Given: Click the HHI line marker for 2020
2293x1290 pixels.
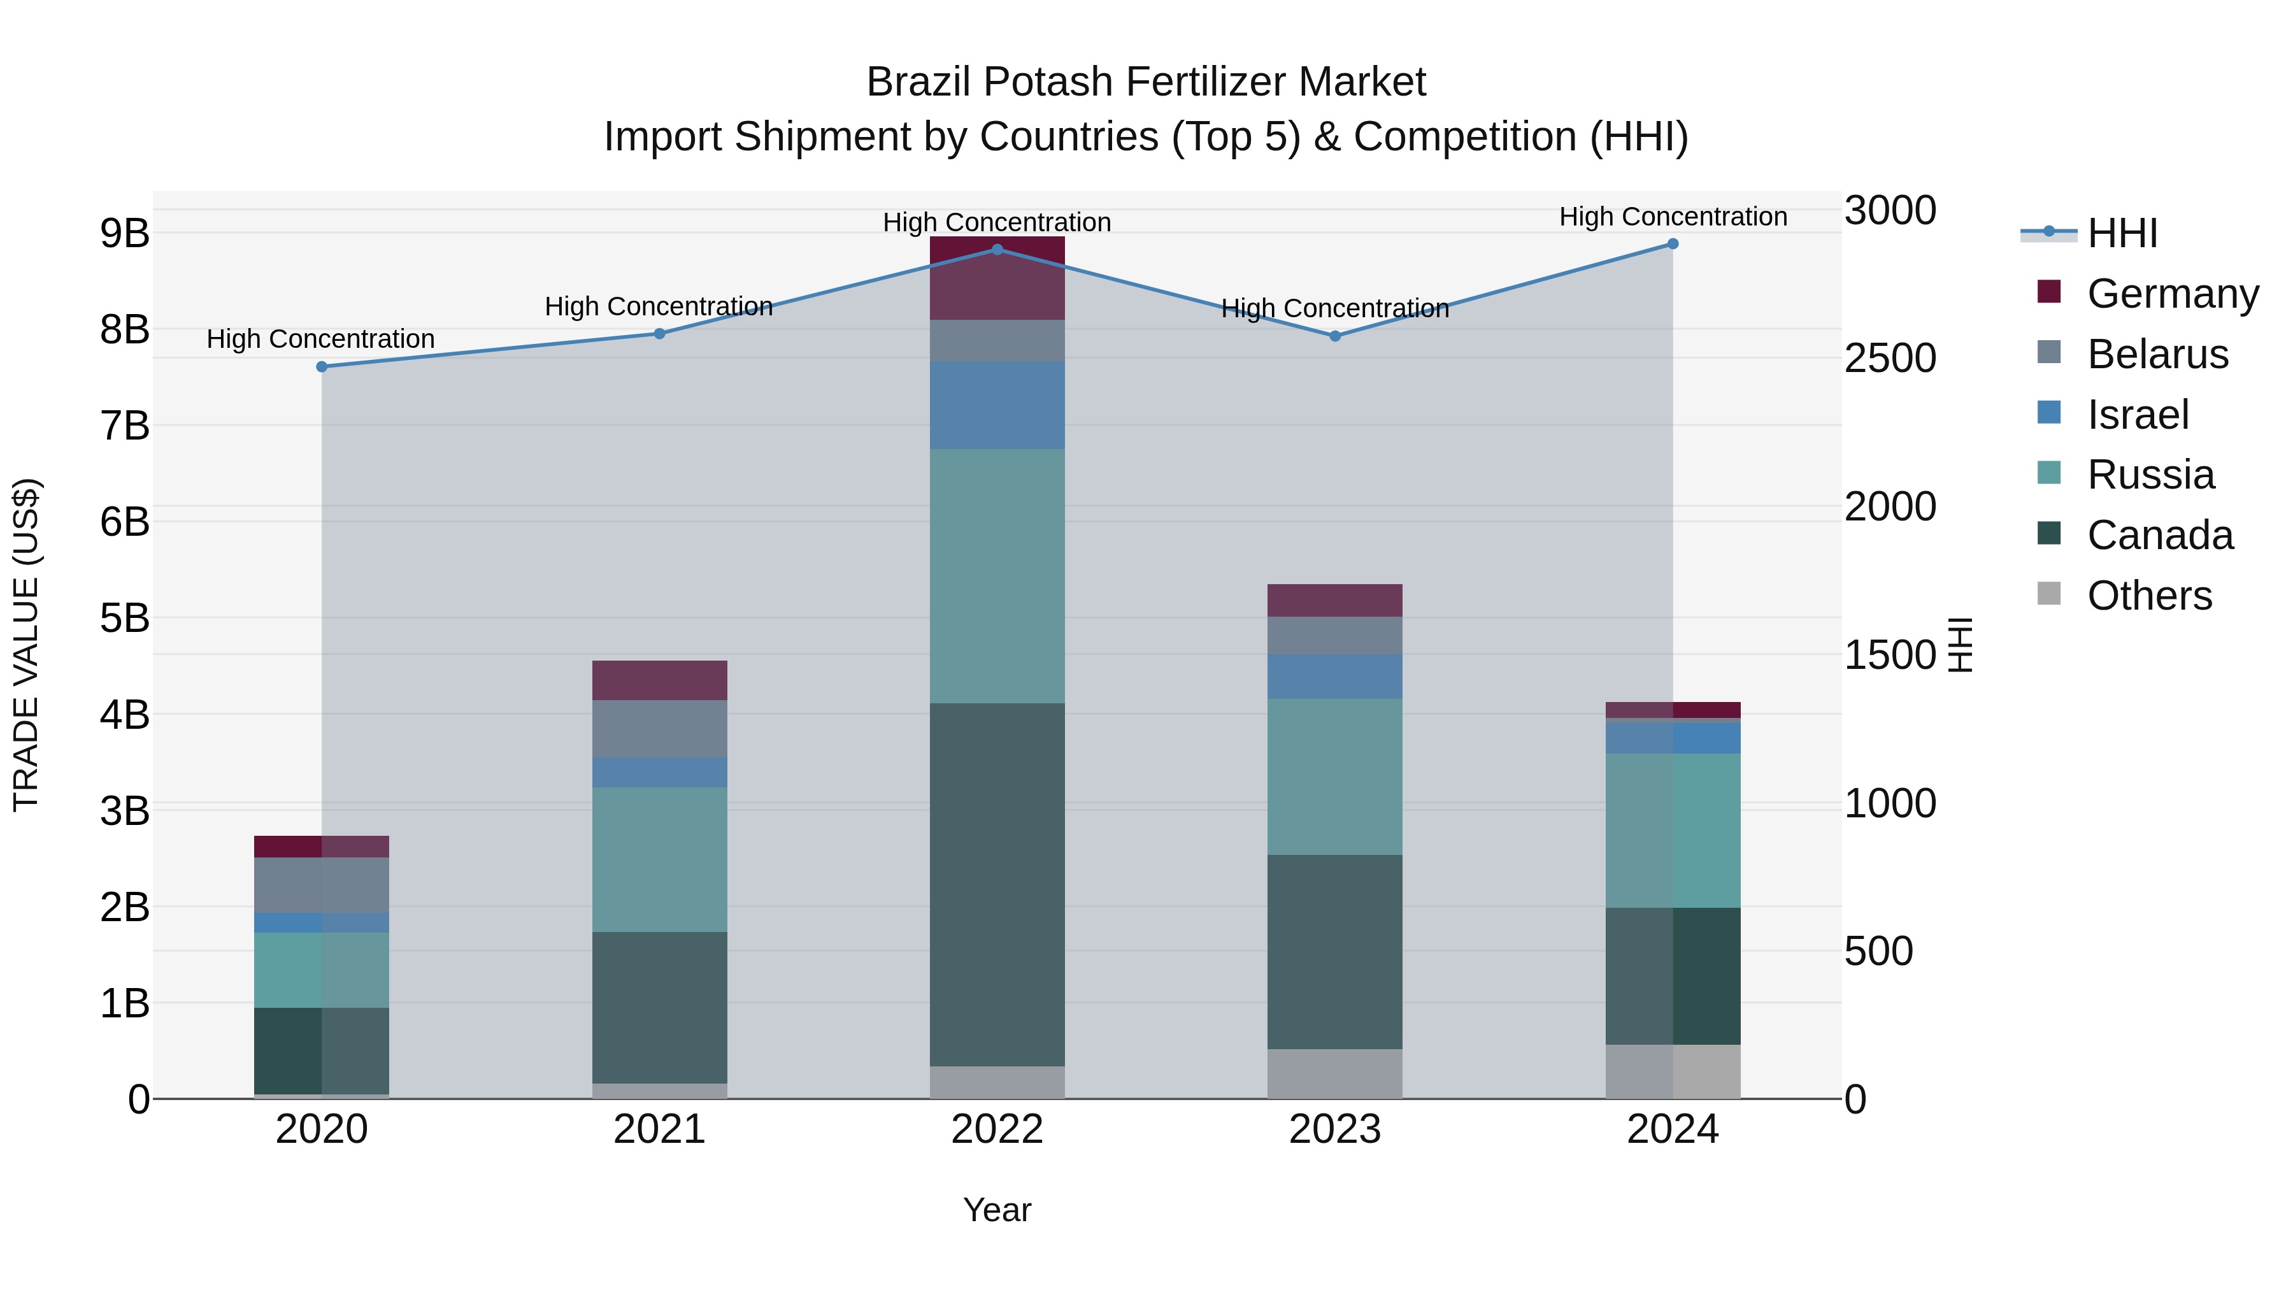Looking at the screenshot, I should pos(322,367).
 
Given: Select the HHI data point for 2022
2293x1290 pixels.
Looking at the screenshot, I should pos(997,250).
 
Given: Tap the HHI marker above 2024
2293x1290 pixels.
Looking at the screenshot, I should pos(1673,244).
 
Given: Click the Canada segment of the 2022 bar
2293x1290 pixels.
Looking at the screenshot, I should pos(997,884).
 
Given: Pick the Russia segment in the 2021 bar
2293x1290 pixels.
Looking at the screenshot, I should pos(660,859).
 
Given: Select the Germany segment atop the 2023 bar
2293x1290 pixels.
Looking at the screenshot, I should pos(1334,601).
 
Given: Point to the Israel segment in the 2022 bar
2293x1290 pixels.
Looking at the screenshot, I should pos(997,405).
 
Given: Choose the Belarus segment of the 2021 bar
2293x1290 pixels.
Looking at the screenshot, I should pos(660,729).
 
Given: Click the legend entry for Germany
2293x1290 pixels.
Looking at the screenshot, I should pos(2172,294).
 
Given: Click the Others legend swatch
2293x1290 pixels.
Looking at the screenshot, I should pos(2049,594).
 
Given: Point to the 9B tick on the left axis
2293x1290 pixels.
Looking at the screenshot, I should pos(125,233).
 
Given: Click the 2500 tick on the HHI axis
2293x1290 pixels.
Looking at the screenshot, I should pos(1890,359).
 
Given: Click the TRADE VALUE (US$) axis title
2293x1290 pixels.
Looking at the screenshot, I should pos(27,645).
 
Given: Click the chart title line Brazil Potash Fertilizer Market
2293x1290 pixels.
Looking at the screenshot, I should pos(1146,82).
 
